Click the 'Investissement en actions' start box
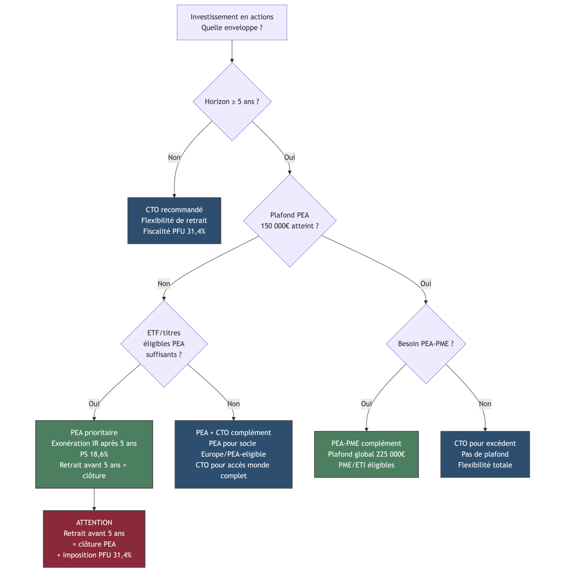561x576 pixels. click(232, 22)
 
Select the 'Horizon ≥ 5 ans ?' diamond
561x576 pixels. click(232, 102)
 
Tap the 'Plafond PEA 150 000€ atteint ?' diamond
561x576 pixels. click(289, 221)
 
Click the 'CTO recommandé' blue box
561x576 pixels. click(174, 220)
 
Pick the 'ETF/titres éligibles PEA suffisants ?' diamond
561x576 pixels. click(164, 343)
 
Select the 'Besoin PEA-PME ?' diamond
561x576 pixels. click(426, 344)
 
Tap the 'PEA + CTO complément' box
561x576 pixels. click(233, 454)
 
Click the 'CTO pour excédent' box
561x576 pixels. click(485, 454)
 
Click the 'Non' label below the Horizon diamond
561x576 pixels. click(174, 157)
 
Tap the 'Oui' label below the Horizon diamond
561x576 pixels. click(289, 157)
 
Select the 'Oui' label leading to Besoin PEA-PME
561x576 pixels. click(425, 283)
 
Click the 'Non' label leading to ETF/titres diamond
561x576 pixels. click(164, 283)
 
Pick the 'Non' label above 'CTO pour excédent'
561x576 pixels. click(485, 404)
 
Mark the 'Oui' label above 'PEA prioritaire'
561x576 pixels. click(94, 404)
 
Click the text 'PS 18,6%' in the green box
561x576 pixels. click(94, 454)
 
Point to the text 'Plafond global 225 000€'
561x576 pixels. click(366, 454)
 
